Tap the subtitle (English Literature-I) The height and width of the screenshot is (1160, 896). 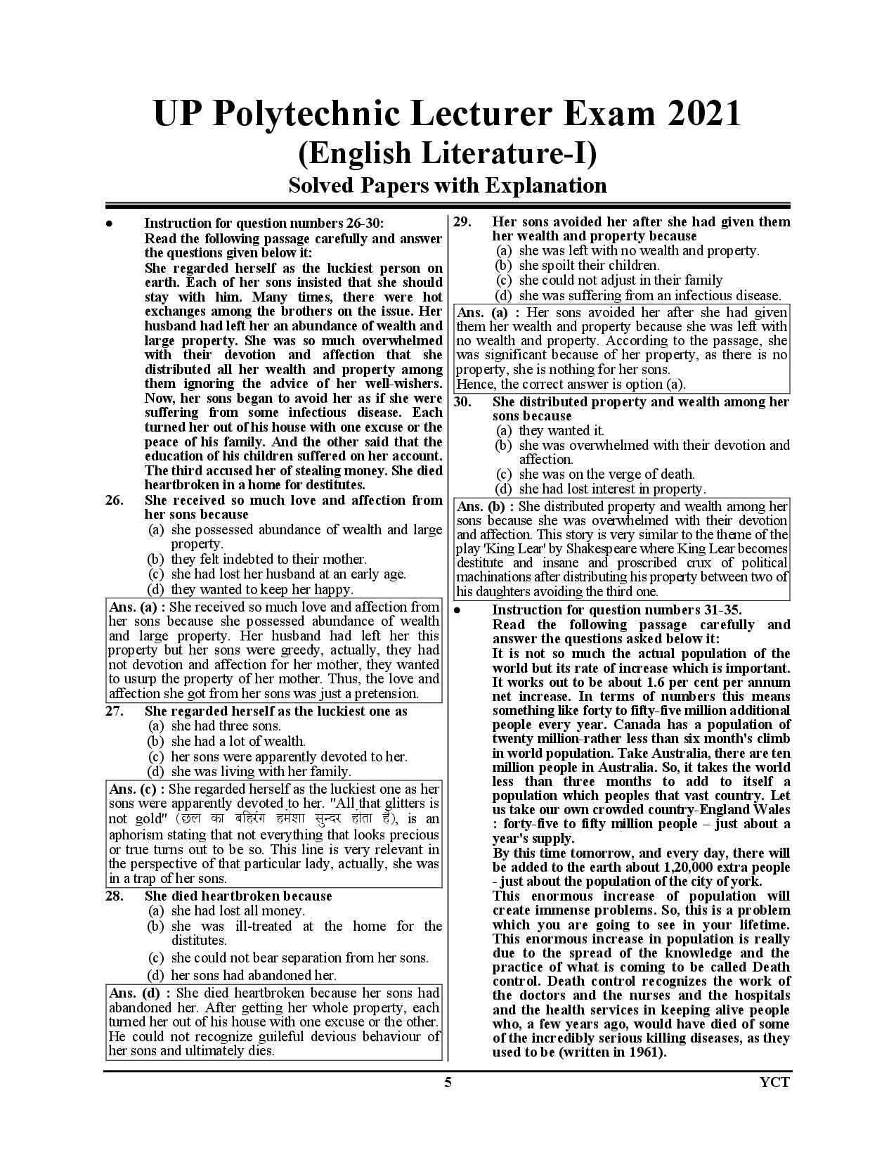448,154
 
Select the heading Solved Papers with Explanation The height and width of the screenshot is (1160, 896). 448,186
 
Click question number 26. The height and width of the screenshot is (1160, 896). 115,501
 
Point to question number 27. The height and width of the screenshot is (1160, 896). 115,711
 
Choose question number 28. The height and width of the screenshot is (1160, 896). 115,896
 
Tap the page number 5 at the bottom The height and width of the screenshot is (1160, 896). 448,1082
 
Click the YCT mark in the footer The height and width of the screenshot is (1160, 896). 775,1082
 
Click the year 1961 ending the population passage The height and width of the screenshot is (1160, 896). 644,1052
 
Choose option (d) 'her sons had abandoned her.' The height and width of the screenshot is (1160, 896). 253,975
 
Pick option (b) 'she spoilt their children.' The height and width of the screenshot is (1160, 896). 588,265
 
